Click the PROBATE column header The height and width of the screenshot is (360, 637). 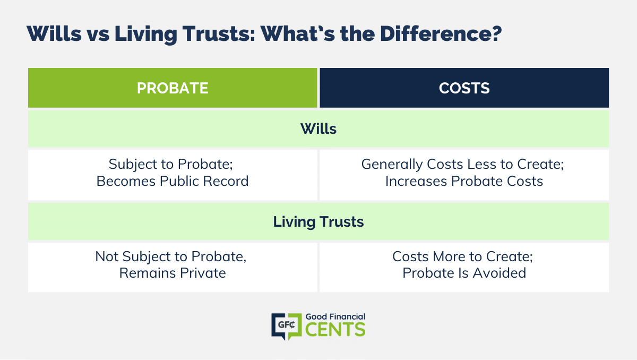pyautogui.click(x=173, y=88)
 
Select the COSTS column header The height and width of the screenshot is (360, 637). pyautogui.click(x=464, y=88)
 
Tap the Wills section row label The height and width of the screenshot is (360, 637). pyautogui.click(x=318, y=129)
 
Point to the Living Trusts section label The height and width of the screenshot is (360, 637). pyautogui.click(x=318, y=221)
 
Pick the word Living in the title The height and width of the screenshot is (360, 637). pyautogui.click(x=146, y=34)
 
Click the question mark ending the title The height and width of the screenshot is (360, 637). pyautogui.click(x=496, y=33)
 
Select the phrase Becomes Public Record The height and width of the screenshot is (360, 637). pyautogui.click(x=173, y=181)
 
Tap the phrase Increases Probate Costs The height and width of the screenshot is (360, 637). pyautogui.click(x=464, y=181)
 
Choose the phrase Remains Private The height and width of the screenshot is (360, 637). pyautogui.click(x=173, y=273)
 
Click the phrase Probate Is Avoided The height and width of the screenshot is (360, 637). pyautogui.click(x=464, y=273)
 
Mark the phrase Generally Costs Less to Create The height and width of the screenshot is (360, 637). pyautogui.click(x=461, y=165)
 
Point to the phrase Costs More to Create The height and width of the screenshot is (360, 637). pyautogui.click(x=461, y=256)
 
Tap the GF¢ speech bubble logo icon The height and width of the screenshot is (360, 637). pyautogui.click(x=287, y=326)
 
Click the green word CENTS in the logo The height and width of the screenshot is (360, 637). pyautogui.click(x=335, y=329)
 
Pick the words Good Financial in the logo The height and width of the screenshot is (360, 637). pyautogui.click(x=335, y=316)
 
